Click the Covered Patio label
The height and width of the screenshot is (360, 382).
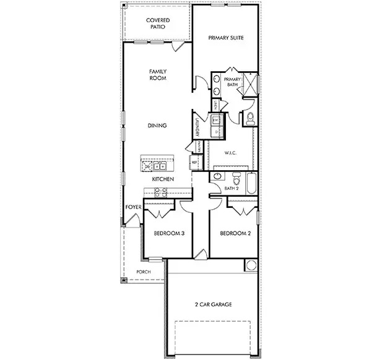(158, 24)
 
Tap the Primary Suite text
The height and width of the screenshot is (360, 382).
(226, 38)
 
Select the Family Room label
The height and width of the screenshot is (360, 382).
(158, 75)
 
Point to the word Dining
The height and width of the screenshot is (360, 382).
(157, 126)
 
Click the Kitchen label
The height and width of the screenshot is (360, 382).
(162, 179)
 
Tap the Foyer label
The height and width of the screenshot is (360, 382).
(133, 207)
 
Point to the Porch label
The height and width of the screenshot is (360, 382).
(144, 271)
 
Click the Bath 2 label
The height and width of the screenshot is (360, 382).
(232, 188)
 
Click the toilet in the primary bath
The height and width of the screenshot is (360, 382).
(251, 118)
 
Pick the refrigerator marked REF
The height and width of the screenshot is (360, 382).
(194, 162)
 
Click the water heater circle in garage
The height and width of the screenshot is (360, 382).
(251, 265)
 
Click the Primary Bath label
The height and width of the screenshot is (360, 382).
(232, 82)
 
